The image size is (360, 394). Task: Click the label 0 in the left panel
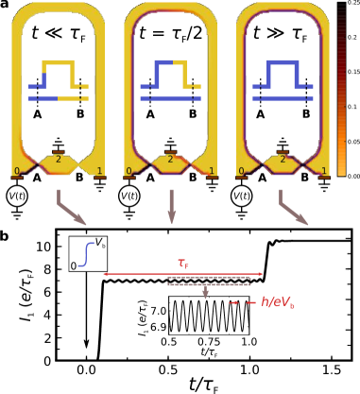point(16,172)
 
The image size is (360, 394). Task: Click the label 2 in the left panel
point(58,160)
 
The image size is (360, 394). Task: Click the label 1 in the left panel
point(99,172)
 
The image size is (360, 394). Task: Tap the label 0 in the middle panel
point(129,172)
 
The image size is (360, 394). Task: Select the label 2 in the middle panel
point(170,160)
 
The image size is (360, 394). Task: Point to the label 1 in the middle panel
point(211,172)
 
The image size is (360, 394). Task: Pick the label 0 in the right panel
point(241,172)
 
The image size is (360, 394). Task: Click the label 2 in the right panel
point(282,160)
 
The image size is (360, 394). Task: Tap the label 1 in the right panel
point(323,172)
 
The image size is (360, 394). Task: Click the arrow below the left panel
point(71,208)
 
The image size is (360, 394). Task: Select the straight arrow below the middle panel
point(171,206)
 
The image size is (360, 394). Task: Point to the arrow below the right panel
point(293,208)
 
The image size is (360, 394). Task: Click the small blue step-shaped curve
point(86,254)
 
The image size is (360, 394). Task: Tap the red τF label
point(183,264)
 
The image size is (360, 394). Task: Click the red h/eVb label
point(278,302)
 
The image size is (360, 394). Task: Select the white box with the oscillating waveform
point(209,316)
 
